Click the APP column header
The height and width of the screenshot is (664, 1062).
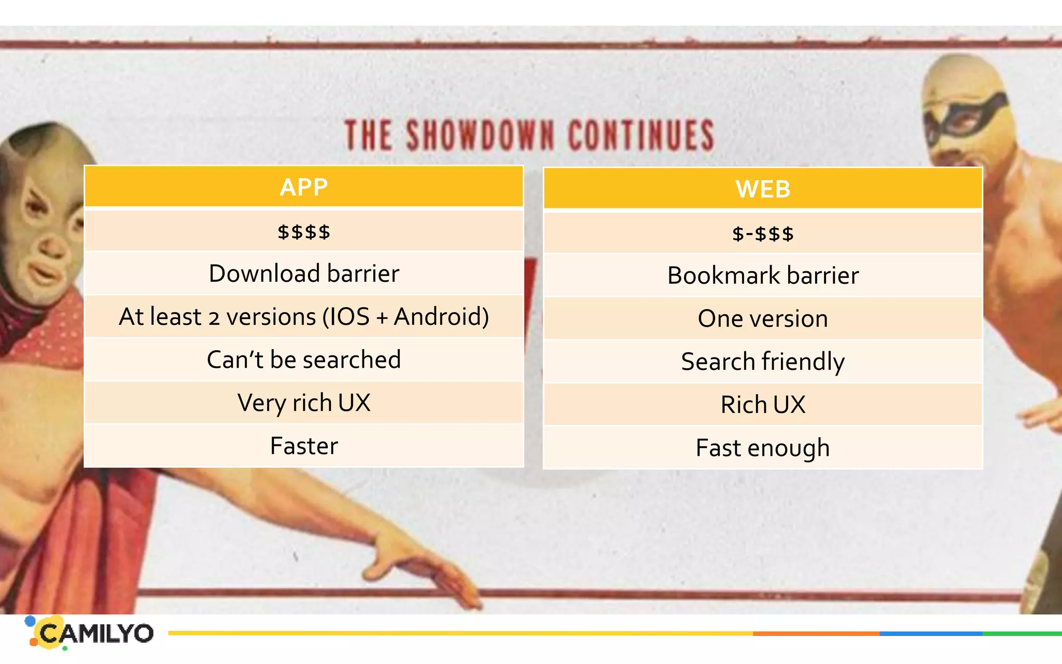click(304, 187)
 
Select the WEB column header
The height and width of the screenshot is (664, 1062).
click(763, 189)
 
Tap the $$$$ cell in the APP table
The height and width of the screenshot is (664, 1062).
click(304, 231)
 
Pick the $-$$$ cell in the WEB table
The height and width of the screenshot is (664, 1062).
click(763, 233)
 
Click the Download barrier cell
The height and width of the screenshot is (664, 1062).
click(304, 273)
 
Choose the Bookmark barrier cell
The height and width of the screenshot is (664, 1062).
click(763, 275)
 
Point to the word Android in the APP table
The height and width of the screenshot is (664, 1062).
click(441, 316)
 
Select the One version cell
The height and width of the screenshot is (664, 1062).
click(763, 319)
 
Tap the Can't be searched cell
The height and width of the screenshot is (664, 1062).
click(304, 359)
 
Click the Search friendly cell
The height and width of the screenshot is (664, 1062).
click(763, 362)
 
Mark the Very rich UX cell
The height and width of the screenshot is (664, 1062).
click(304, 403)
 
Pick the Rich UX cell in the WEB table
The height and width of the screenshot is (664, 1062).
click(763, 405)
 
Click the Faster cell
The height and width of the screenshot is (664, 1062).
click(304, 446)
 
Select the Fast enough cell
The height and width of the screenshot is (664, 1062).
click(763, 448)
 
